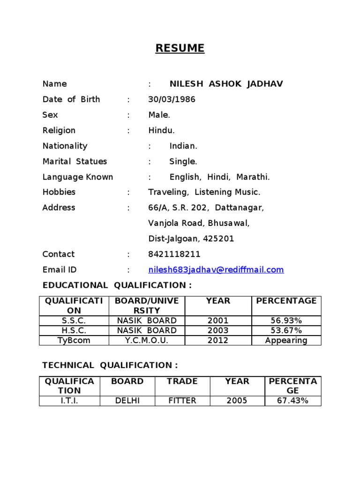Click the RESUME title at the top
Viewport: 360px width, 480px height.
[x=180, y=48]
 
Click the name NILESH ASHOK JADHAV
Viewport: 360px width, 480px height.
[x=226, y=84]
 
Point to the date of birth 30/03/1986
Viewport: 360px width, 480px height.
[x=172, y=99]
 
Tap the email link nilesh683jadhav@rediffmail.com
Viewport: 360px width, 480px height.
[x=216, y=270]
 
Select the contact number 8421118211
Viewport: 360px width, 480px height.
[x=174, y=254]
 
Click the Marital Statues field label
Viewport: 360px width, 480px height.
[x=75, y=161]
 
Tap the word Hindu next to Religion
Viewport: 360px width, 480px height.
[x=161, y=130]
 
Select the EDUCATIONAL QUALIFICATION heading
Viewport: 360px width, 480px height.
[x=117, y=285]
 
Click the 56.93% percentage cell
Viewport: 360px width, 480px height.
[x=286, y=321]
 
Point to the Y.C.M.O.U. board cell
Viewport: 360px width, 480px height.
[x=147, y=340]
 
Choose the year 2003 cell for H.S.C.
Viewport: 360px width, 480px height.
[x=218, y=330]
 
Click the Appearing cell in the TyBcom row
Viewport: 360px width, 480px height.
[x=286, y=340]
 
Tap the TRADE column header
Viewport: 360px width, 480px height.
[x=182, y=381]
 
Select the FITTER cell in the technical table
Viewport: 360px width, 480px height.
[x=182, y=401]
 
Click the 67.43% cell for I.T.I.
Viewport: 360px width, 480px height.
[x=292, y=401]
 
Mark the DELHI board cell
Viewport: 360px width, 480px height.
[x=127, y=401]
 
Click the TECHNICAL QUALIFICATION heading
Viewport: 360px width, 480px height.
[x=110, y=365]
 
